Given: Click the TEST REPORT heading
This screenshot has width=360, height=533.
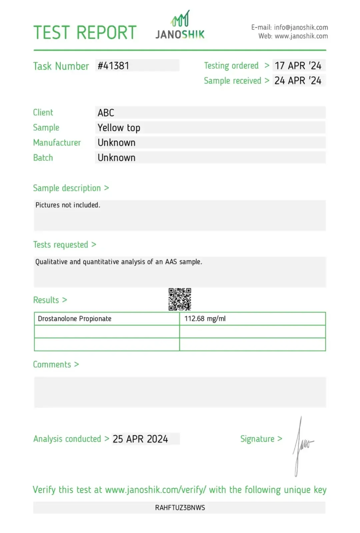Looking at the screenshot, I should pyautogui.click(x=85, y=32).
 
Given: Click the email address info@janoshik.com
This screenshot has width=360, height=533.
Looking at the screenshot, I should pyautogui.click(x=301, y=27).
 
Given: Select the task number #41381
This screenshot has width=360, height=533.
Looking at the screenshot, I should pyautogui.click(x=113, y=66).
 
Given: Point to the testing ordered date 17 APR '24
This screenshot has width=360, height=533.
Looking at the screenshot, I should pyautogui.click(x=298, y=66).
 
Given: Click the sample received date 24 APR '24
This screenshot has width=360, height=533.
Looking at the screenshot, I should pyautogui.click(x=298, y=81).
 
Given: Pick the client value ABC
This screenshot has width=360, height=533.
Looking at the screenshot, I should pyautogui.click(x=106, y=113).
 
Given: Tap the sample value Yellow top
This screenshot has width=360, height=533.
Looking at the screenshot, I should pyautogui.click(x=119, y=128).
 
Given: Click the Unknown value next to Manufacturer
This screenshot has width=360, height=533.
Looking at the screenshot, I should pyautogui.click(x=116, y=143).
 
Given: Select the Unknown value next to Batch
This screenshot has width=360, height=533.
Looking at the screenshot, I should pyautogui.click(x=116, y=158).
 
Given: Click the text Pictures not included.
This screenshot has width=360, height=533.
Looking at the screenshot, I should pyautogui.click(x=68, y=205).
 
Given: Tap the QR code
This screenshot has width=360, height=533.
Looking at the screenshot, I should pyautogui.click(x=180, y=299).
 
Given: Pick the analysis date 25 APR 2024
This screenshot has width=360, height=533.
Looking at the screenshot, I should pyautogui.click(x=140, y=439).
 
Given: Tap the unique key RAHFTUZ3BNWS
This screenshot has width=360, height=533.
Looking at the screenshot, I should pyautogui.click(x=180, y=508).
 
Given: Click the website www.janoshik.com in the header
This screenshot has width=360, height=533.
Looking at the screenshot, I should pyautogui.click(x=301, y=36).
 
